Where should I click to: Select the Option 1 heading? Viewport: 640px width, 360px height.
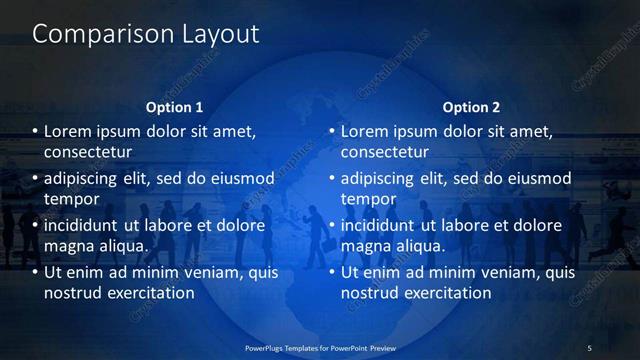coord(174,107)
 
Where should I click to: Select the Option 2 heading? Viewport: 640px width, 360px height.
coord(471,107)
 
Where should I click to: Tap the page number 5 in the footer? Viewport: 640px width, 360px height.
coord(589,348)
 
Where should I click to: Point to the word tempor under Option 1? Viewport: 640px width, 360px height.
coord(70,199)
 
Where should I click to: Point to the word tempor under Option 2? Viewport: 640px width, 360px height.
coord(367,199)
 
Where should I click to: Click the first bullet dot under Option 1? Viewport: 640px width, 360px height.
coord(36,131)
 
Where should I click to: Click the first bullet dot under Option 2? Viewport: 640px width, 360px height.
coord(333,131)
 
